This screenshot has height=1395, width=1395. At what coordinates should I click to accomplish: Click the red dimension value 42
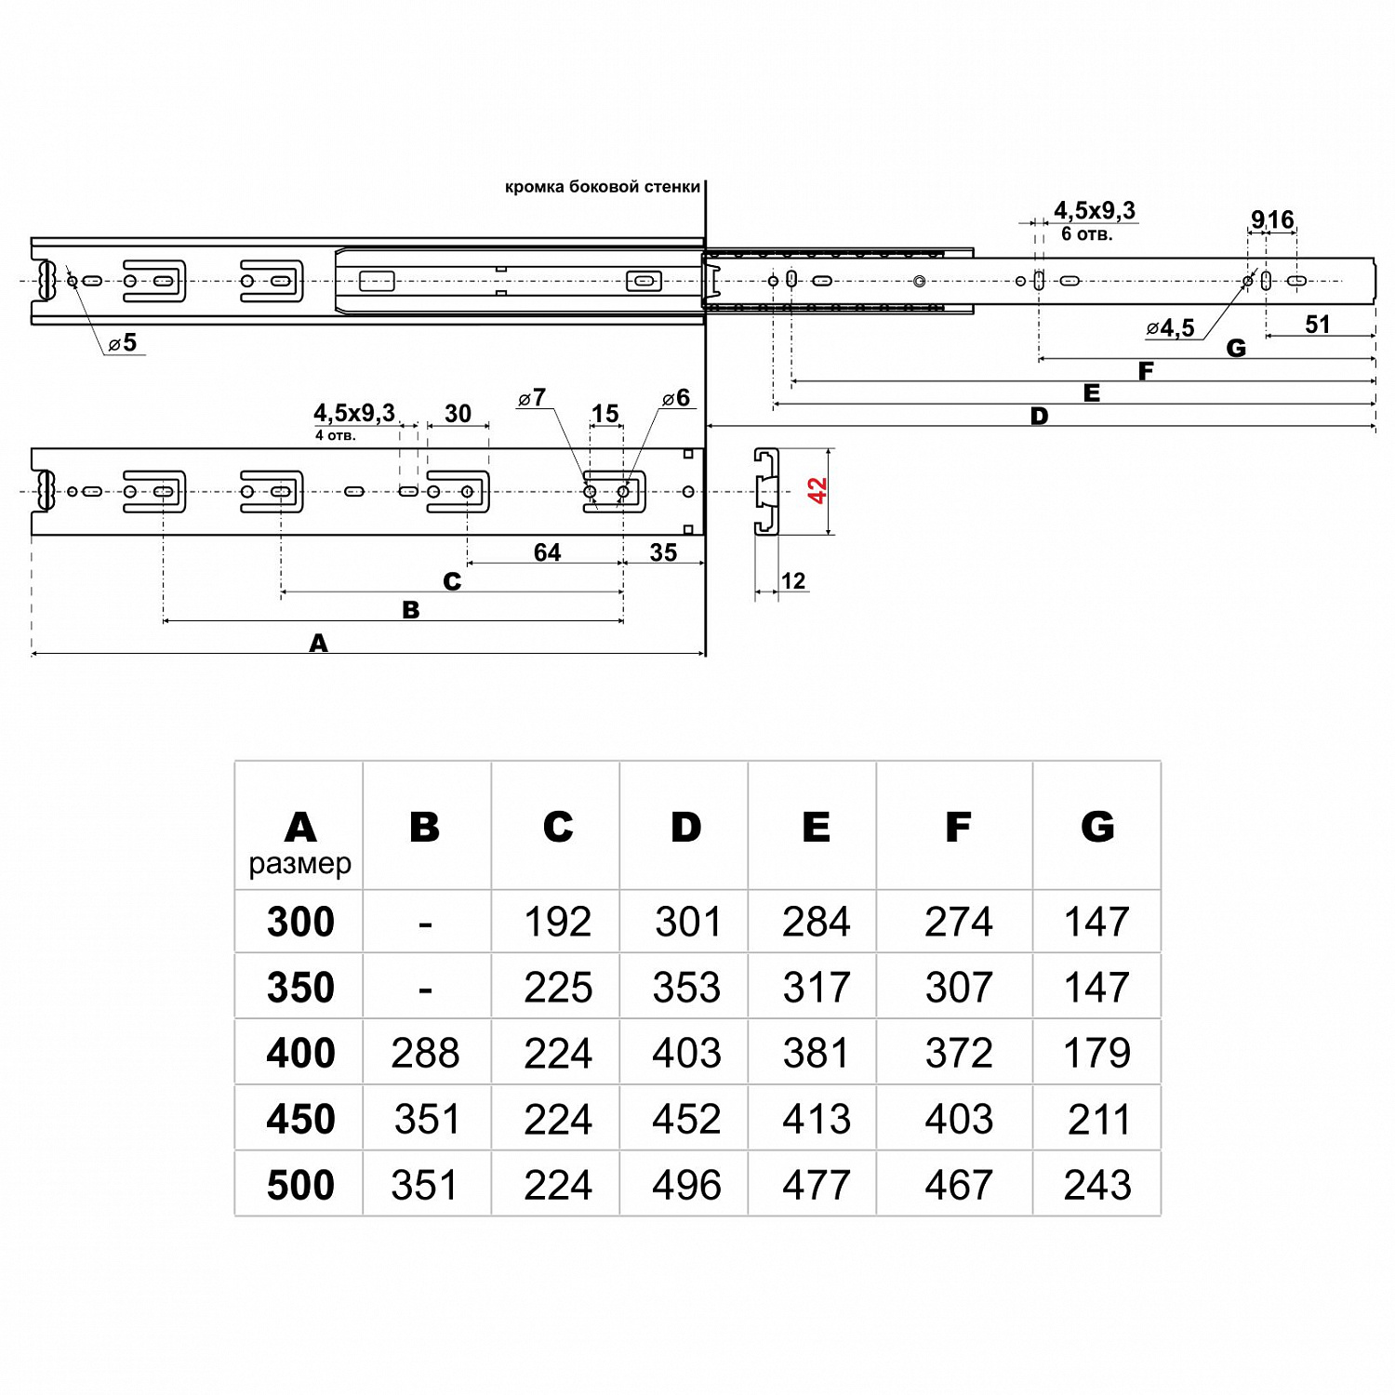coord(817,490)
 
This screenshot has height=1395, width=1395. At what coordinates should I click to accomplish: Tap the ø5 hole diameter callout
coord(123,343)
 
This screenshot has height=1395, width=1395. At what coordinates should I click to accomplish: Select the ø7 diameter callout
coord(532,398)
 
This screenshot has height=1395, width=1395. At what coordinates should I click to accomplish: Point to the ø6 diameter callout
coord(676,398)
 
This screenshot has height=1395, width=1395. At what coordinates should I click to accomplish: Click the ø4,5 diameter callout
coord(1171,327)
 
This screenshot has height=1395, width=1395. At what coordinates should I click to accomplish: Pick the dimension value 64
coord(547,552)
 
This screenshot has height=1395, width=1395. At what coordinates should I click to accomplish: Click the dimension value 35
coord(663,552)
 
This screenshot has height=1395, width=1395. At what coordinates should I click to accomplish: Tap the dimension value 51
coord(1317,324)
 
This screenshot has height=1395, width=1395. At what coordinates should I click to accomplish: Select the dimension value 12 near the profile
coord(792,581)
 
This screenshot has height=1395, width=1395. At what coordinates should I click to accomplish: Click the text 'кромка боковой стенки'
coord(602,187)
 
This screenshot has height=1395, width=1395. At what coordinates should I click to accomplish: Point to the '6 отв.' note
coord(1086,234)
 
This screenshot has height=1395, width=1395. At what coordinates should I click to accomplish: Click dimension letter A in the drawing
coord(318,643)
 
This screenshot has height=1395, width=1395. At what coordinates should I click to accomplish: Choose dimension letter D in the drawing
coord(1039,416)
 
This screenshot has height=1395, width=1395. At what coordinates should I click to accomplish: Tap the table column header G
coord(1097,826)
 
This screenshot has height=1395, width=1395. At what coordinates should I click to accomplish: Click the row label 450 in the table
coord(300,1119)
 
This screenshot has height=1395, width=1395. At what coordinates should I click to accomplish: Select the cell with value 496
coord(686,1185)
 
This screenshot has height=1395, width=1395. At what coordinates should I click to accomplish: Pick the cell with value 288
coord(425,1054)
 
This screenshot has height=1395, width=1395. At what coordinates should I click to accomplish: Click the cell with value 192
coord(557,922)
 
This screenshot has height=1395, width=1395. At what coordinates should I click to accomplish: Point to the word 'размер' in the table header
coord(299,864)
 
